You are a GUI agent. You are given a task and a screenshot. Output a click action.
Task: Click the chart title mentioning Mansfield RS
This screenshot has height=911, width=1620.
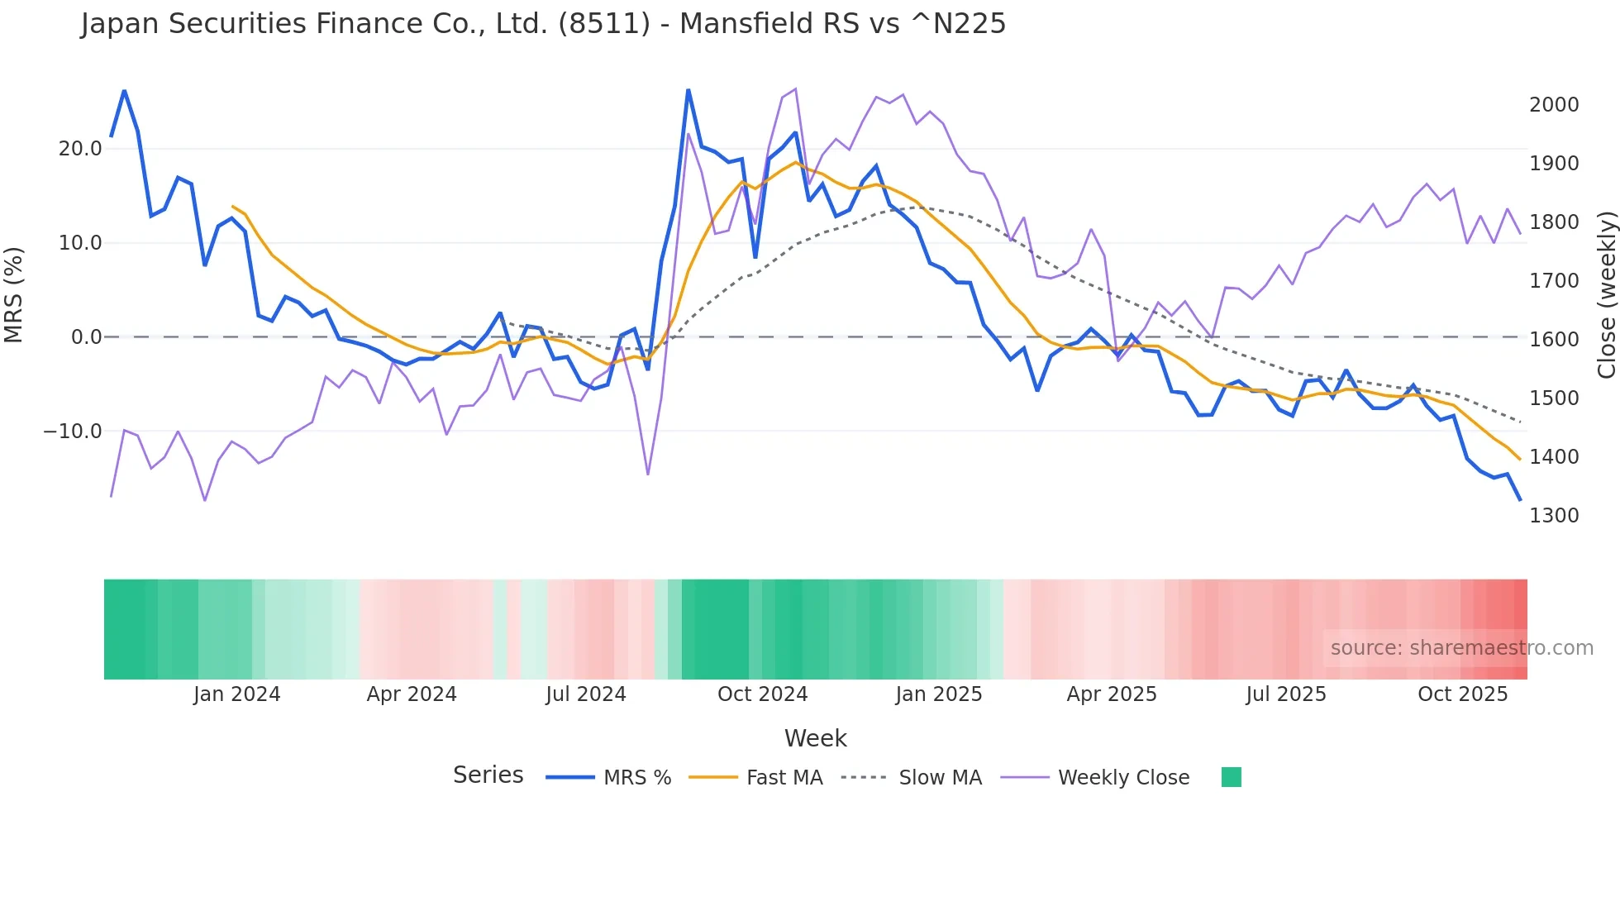click(x=543, y=24)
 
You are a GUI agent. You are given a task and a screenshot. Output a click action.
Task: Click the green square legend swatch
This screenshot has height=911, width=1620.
click(x=1231, y=777)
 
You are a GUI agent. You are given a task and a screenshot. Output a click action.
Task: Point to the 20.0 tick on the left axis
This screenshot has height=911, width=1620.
click(x=80, y=149)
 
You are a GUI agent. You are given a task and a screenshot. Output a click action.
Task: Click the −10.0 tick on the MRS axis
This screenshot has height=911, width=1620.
click(x=73, y=432)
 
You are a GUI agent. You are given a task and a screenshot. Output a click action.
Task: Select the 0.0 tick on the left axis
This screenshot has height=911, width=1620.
click(x=86, y=337)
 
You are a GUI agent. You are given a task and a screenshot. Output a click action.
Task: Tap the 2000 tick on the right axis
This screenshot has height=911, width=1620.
click(x=1554, y=105)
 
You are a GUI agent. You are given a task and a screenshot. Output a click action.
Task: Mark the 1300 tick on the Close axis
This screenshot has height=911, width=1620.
click(x=1554, y=516)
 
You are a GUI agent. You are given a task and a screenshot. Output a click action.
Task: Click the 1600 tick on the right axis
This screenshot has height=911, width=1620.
click(x=1554, y=340)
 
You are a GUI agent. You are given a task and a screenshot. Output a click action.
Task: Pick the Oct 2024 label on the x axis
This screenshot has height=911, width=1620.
click(x=762, y=694)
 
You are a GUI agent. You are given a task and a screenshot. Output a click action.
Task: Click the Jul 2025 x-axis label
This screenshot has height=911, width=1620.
click(x=1285, y=694)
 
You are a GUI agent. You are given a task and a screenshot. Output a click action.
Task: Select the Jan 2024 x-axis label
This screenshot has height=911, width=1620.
click(x=236, y=694)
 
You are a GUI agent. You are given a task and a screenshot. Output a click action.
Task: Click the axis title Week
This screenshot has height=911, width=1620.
click(x=815, y=738)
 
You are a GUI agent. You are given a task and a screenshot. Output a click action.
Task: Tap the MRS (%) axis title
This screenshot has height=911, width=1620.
click(x=14, y=295)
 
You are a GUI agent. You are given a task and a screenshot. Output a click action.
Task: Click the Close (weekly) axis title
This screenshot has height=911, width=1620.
click(x=1606, y=295)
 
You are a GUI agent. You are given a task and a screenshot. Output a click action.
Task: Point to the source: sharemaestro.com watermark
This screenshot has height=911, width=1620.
click(x=1461, y=648)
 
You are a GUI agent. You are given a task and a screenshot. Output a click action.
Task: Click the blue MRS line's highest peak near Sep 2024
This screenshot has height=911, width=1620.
click(x=688, y=90)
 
